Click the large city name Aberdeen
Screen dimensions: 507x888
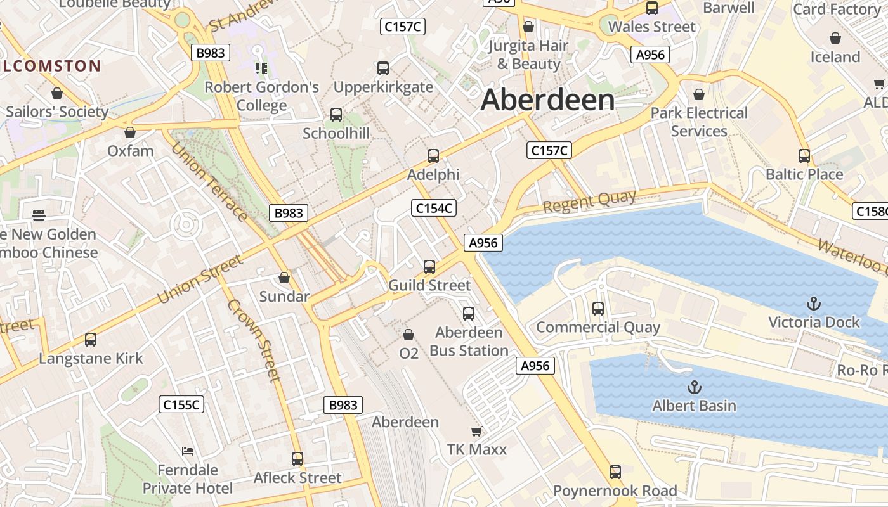pyautogui.click(x=548, y=100)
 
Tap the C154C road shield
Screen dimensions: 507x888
pyautogui.click(x=434, y=208)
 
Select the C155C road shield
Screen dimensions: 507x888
pyautogui.click(x=182, y=404)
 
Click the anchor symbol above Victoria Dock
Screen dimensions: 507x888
pyautogui.click(x=813, y=304)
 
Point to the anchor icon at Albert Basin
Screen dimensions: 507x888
pyautogui.click(x=695, y=387)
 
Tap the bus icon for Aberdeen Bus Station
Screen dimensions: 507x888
pyautogui.click(x=469, y=313)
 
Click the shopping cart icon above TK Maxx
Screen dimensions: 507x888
pyautogui.click(x=476, y=432)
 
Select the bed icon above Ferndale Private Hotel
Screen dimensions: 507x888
pyautogui.click(x=188, y=451)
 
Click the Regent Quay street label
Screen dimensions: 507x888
pyautogui.click(x=589, y=201)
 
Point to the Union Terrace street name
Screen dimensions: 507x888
pyautogui.click(x=209, y=182)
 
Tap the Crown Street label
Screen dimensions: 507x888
pyautogui.click(x=254, y=340)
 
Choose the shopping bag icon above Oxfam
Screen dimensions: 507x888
pyautogui.click(x=130, y=132)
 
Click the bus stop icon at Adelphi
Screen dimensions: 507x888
pyautogui.click(x=433, y=156)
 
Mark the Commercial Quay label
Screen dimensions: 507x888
pyautogui.click(x=598, y=327)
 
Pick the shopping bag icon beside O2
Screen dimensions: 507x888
pyautogui.click(x=408, y=334)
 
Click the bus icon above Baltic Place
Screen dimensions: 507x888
pyautogui.click(x=804, y=155)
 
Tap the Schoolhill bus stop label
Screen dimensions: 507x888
pyautogui.click(x=336, y=133)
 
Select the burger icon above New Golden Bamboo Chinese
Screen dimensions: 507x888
pyautogui.click(x=39, y=215)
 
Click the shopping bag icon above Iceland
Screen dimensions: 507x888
pyautogui.click(x=835, y=38)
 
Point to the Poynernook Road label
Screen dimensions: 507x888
pyautogui.click(x=615, y=491)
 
